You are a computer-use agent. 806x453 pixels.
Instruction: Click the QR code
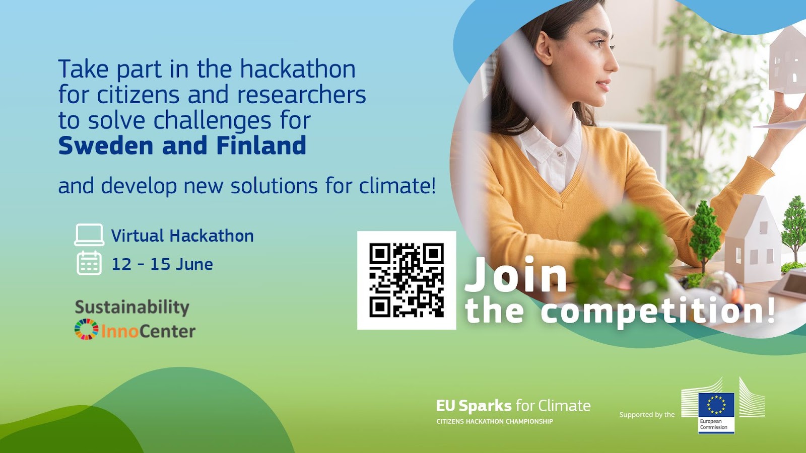click(x=406, y=280)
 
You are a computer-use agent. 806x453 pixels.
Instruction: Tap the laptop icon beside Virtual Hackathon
click(x=89, y=235)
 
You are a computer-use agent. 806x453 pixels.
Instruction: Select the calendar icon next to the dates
click(x=89, y=263)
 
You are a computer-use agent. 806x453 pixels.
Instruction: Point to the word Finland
click(x=261, y=145)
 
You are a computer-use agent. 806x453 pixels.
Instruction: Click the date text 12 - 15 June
click(x=162, y=264)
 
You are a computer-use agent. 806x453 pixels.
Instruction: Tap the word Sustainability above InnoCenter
click(x=132, y=308)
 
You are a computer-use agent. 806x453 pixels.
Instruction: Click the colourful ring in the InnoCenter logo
click(x=86, y=329)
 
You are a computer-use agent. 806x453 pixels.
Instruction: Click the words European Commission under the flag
click(x=713, y=424)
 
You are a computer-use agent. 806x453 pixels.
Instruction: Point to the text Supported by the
click(x=647, y=415)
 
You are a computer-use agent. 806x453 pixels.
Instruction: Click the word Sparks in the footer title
click(x=485, y=406)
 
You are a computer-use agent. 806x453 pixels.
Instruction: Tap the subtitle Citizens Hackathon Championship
click(x=495, y=421)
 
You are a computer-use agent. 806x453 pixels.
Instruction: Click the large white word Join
click(x=516, y=274)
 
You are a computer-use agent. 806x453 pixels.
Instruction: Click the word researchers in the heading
click(x=302, y=95)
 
